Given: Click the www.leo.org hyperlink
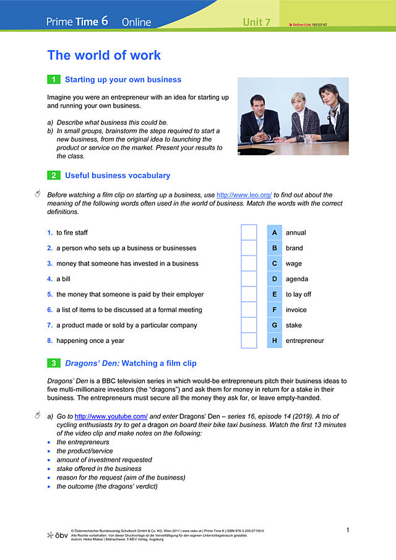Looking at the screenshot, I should [x=244, y=195].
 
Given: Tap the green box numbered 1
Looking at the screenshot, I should [x=54, y=80].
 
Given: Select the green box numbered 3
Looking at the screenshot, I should [x=54, y=363].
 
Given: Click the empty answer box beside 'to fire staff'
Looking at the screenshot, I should [x=249, y=233].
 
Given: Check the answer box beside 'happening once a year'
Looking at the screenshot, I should [x=249, y=340].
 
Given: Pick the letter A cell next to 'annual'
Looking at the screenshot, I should [x=274, y=233].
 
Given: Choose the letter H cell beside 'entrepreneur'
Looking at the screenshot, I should [x=274, y=340].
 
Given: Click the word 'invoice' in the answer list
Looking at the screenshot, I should [x=296, y=310].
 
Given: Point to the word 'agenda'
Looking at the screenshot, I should [x=296, y=279].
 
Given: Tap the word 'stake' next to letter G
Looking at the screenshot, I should [x=293, y=325].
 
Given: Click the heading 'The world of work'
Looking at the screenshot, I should [x=104, y=55].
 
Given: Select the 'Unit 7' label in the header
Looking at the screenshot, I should [x=256, y=22].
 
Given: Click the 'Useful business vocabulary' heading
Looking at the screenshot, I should [x=118, y=176].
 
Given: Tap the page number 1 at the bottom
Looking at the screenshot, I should [x=348, y=530].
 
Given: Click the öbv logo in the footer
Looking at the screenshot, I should [x=58, y=535].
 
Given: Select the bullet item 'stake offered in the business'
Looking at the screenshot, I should [x=99, y=469].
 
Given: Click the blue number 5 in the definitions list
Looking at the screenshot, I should [x=49, y=295].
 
